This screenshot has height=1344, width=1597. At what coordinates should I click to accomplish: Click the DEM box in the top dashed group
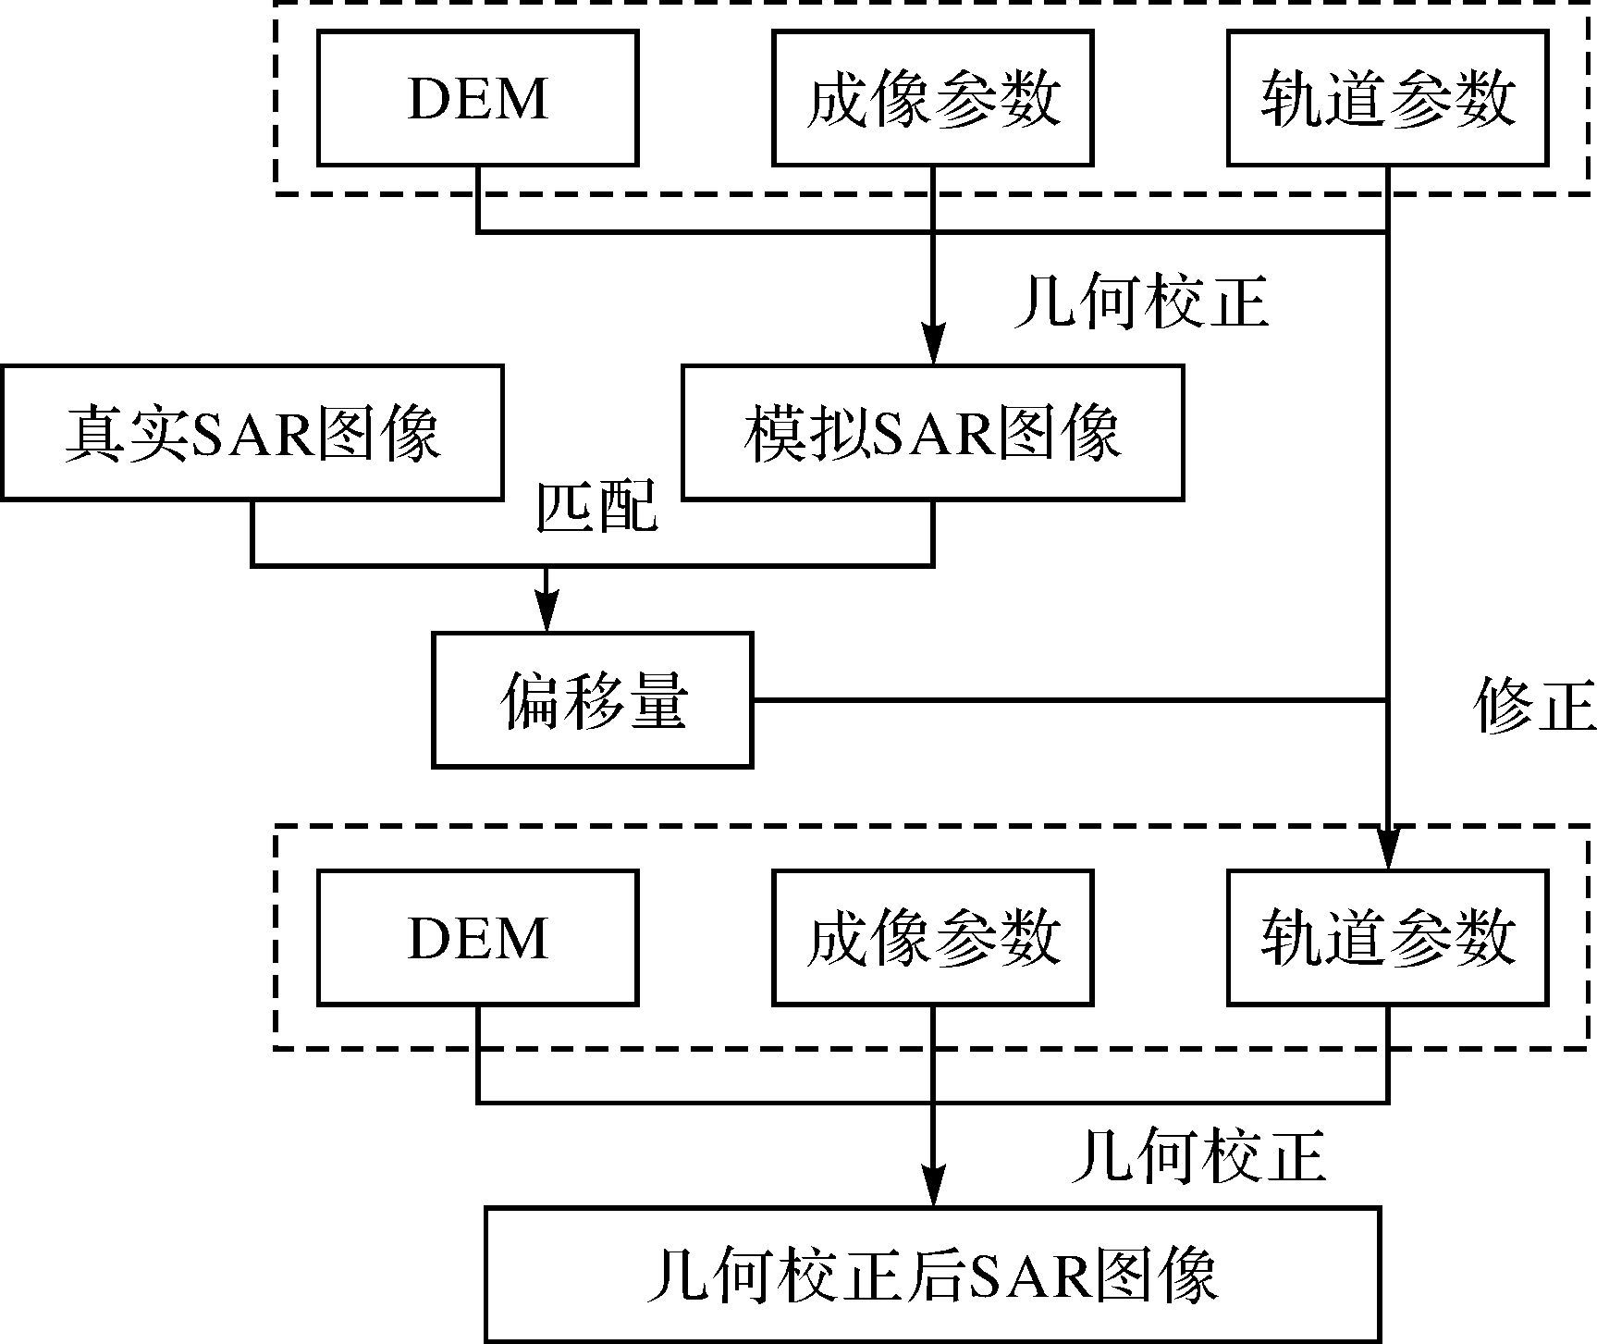pos(477,98)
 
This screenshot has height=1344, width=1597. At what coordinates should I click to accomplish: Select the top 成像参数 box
pos(932,98)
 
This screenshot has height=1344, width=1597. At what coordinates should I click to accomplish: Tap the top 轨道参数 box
pos(1387,98)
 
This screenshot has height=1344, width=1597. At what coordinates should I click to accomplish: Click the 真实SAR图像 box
pos(252,433)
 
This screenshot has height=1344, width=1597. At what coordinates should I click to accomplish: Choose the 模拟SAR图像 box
pos(932,433)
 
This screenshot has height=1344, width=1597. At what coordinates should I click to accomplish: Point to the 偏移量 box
pos(592,700)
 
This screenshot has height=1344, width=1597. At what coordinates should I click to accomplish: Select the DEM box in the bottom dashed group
pos(477,937)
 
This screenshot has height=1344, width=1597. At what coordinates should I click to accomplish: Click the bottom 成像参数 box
pos(932,937)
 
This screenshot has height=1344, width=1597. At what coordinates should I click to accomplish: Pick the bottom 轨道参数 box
pos(1387,937)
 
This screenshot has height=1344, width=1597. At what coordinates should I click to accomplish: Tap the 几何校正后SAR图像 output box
pos(932,1275)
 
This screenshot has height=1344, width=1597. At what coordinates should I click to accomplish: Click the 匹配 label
pos(597,506)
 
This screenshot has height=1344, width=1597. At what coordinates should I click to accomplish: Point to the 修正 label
pos(1533,705)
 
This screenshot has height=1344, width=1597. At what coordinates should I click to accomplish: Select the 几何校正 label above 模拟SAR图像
pos(1141,302)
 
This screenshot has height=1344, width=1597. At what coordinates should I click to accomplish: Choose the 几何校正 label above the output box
pos(1198,1156)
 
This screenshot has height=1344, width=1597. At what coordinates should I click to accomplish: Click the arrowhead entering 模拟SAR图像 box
pos(932,347)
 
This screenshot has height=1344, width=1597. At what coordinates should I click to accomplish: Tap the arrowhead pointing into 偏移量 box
pos(547,614)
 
